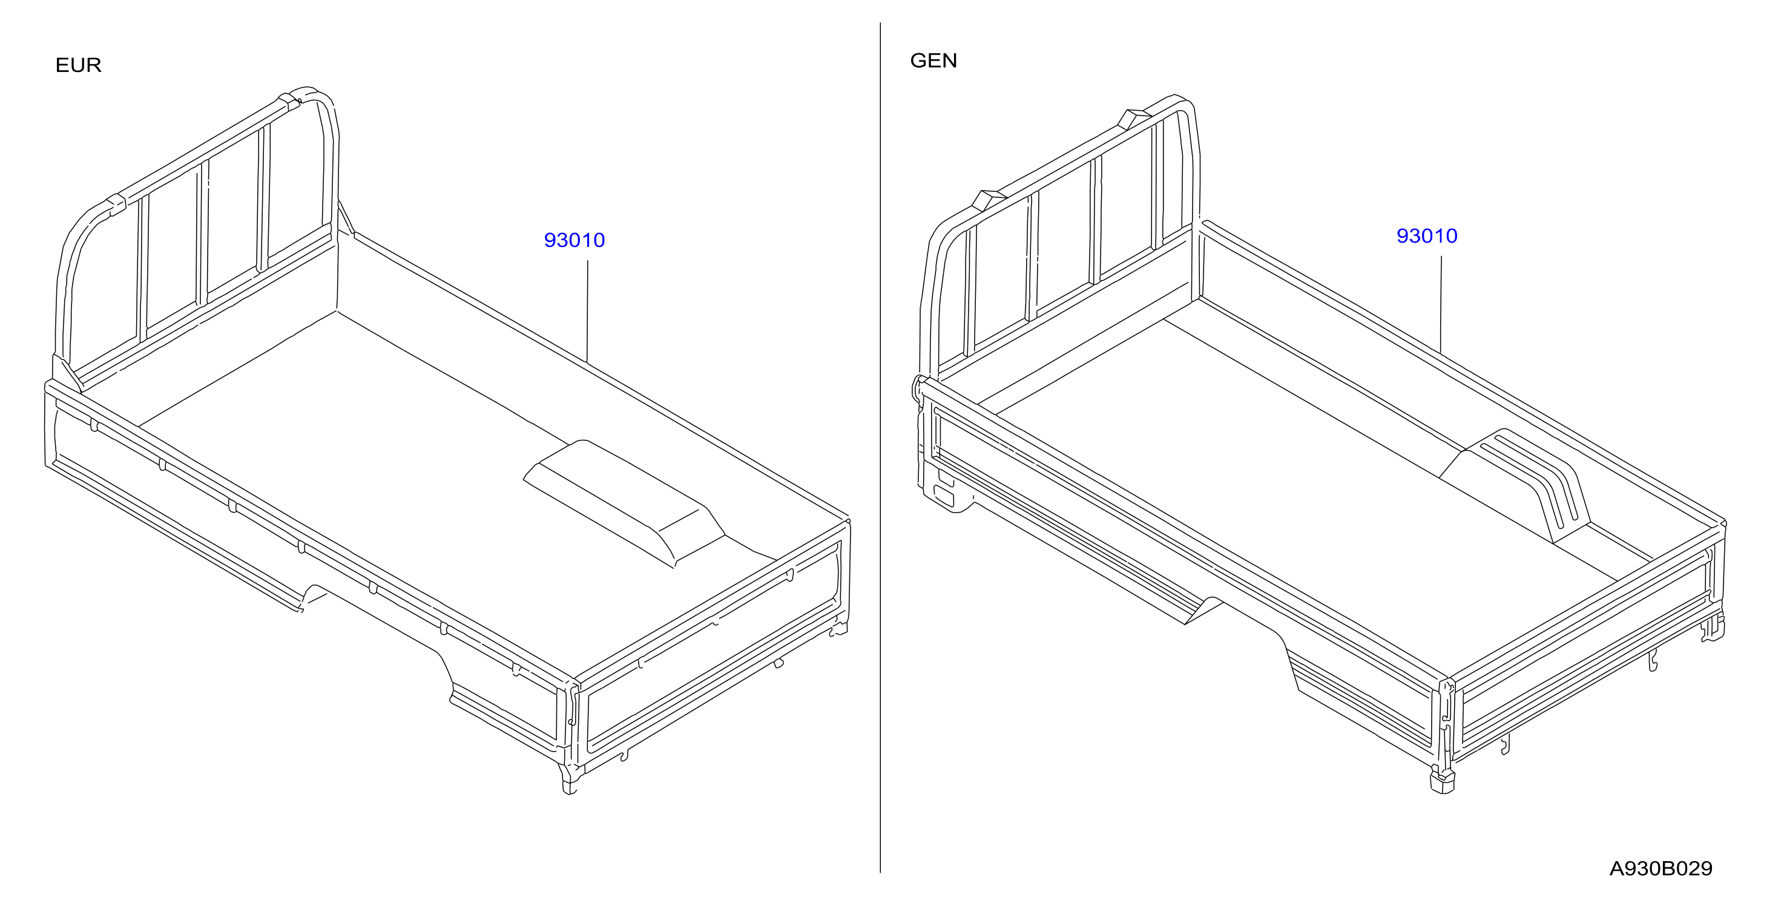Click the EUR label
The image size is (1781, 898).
[x=78, y=65]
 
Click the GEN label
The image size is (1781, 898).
[x=933, y=61]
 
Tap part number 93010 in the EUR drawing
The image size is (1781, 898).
[x=574, y=240]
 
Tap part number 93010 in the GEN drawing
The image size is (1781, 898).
[x=1426, y=236]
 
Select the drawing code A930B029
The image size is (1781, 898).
[x=1661, y=868]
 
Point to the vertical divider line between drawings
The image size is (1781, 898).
[x=880, y=447]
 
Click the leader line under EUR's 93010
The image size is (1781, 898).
[x=588, y=311]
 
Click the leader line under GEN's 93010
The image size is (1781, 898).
[x=1441, y=305]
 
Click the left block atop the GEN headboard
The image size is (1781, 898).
[x=988, y=200]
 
